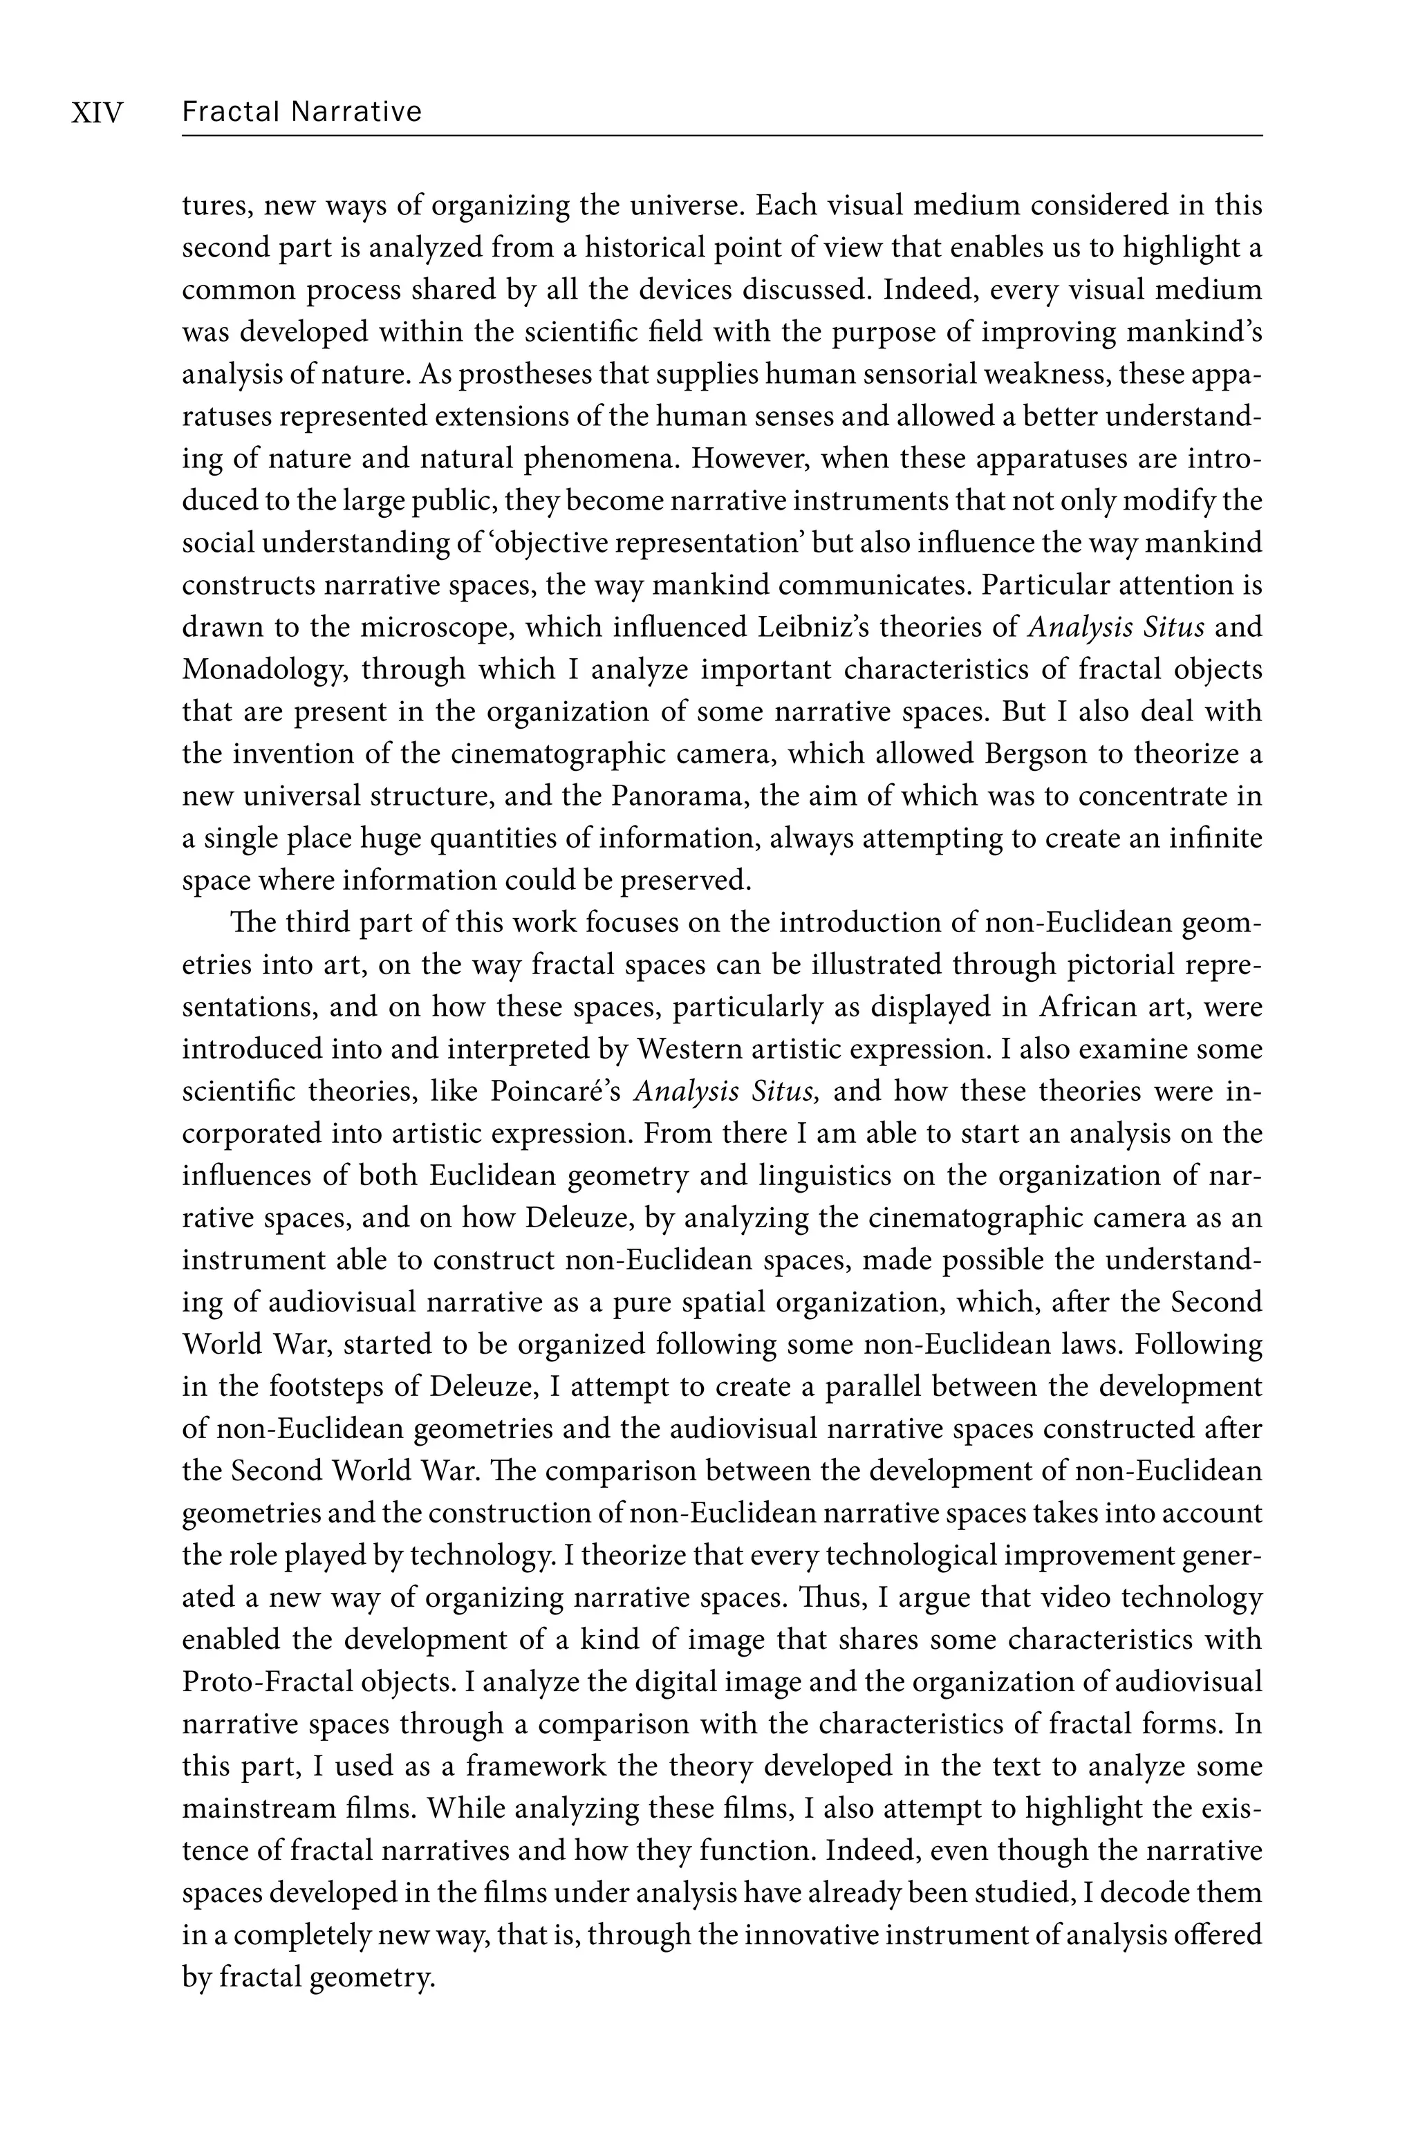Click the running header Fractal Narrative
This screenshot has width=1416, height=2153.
(x=301, y=112)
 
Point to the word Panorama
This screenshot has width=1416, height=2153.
(x=680, y=797)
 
